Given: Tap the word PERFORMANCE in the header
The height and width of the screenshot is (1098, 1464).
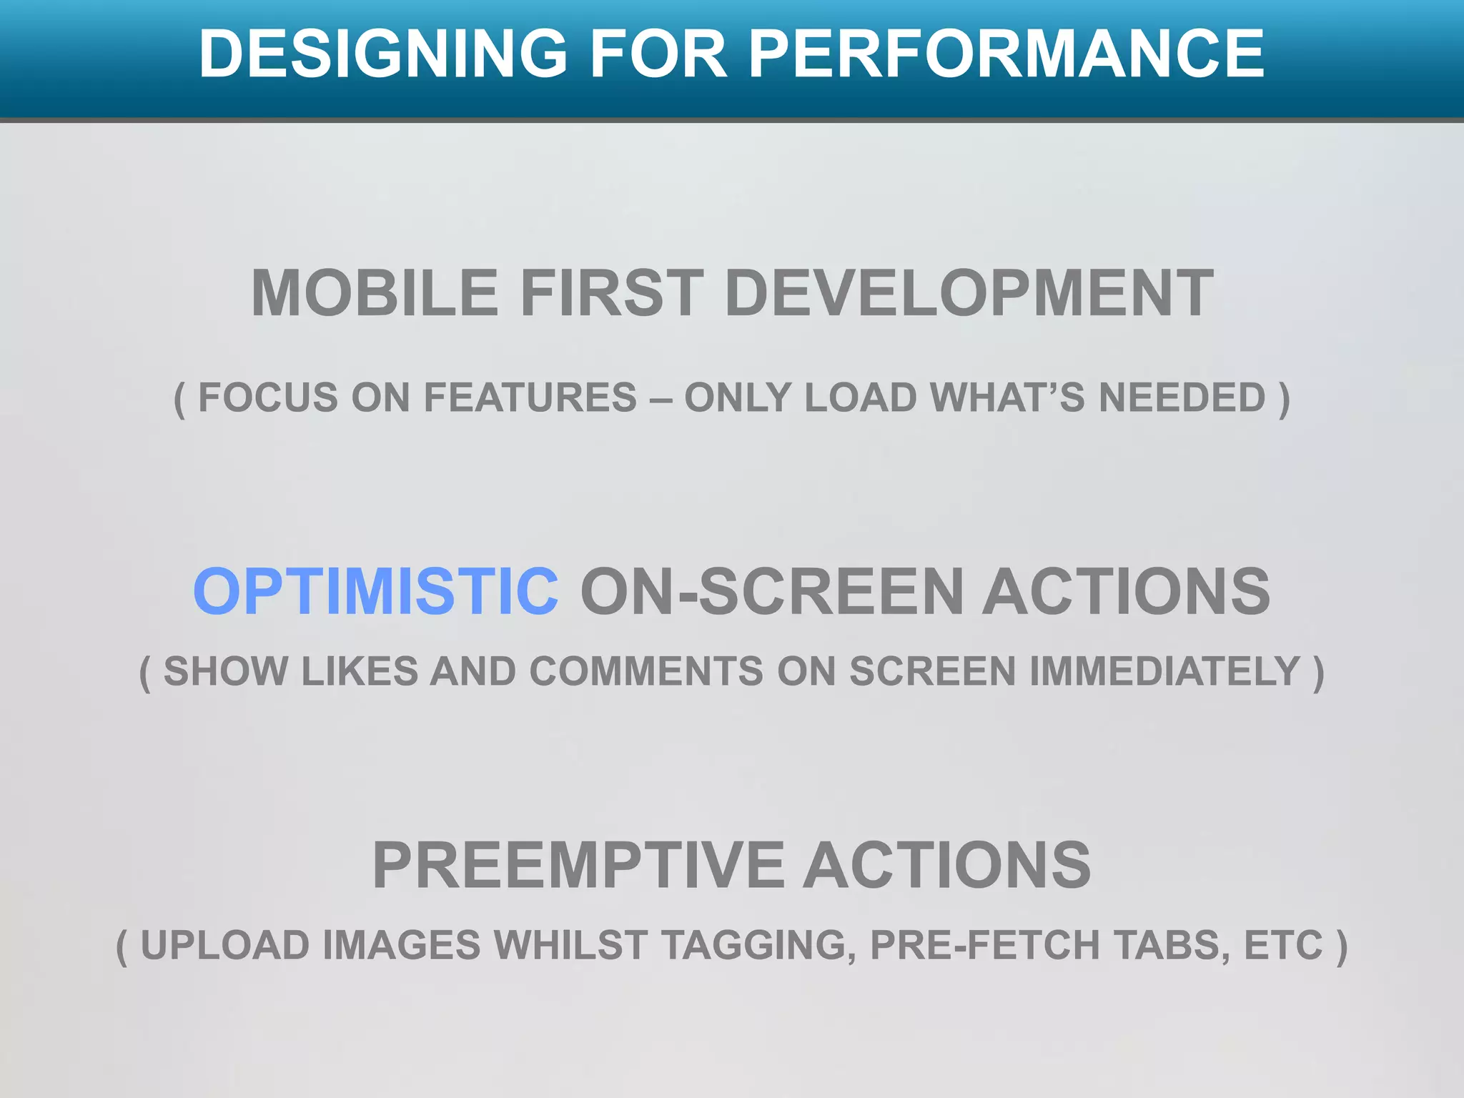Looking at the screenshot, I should tap(1006, 54).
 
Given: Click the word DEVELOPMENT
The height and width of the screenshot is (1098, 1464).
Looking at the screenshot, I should tap(969, 293).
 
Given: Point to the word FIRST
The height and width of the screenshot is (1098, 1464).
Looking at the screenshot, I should tap(612, 293).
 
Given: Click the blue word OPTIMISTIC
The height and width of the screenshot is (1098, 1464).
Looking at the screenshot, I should tap(376, 591).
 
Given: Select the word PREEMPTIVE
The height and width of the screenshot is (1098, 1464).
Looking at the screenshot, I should tap(578, 866).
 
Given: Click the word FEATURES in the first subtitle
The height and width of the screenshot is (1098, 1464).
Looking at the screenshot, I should tap(530, 397).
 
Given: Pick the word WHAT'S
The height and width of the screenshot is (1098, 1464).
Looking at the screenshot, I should tap(1008, 397).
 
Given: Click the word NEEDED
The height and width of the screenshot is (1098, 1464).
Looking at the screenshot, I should tap(1182, 397).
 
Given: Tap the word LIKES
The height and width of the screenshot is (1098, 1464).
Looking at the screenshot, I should tap(360, 672).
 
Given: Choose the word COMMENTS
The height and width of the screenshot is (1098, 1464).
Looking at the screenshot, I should tap(646, 672).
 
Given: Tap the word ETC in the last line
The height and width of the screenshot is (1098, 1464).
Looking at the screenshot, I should tap(1283, 946).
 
